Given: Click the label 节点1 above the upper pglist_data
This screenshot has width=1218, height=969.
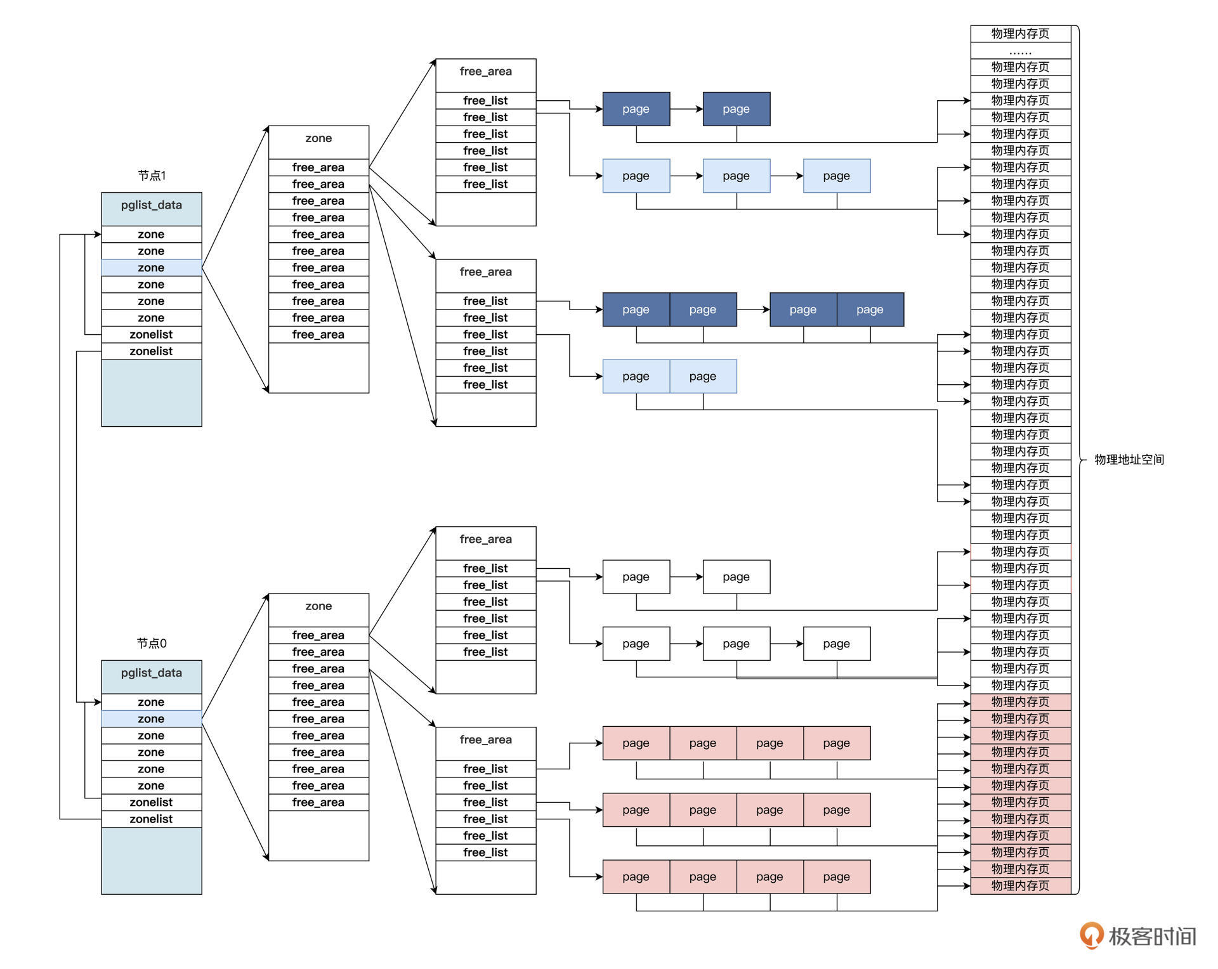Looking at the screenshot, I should (152, 176).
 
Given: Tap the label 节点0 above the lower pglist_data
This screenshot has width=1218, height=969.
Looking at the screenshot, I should (152, 644).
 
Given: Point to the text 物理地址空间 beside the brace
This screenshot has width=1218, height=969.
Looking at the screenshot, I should (1129, 460).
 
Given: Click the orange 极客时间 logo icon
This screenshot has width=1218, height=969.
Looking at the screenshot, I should (1091, 935).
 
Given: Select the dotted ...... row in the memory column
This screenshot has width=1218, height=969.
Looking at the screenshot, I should (1020, 51).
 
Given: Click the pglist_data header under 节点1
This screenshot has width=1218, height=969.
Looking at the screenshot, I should (152, 205).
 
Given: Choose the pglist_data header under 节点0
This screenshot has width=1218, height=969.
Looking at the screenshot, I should (152, 673).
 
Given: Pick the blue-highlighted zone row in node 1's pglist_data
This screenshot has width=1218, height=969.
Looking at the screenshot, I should (152, 268).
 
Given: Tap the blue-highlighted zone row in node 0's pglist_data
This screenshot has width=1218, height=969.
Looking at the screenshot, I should (152, 719).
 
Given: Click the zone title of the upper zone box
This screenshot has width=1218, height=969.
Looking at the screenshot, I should (318, 139).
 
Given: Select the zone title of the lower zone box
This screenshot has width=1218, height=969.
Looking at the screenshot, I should (318, 607).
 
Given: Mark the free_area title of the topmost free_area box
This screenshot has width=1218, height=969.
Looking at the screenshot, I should (486, 72).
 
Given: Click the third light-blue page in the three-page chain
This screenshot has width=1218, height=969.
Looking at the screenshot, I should (837, 176).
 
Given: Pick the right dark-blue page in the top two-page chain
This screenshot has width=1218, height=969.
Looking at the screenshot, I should (737, 109).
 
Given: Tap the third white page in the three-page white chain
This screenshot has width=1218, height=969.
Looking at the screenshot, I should (837, 644).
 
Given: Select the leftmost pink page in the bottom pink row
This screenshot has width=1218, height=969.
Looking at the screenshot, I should (636, 877).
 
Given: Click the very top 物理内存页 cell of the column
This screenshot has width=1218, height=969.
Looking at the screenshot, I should (1020, 34).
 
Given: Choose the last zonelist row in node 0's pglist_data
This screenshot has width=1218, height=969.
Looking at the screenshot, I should (152, 819).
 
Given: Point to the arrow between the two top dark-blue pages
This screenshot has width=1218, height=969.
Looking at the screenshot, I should (686, 109).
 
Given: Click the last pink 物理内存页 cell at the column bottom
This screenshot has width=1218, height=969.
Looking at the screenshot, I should (1020, 886).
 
